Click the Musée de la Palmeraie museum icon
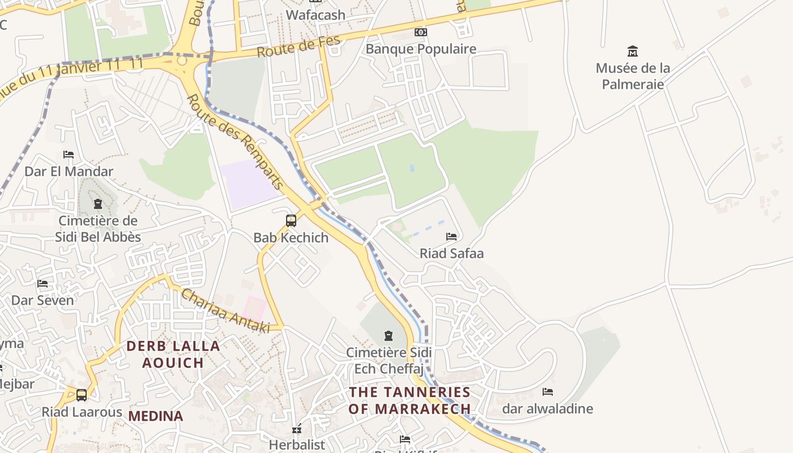coord(633,52)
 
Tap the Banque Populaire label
coord(421,49)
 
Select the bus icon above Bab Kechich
coord(291,221)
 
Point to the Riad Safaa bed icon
coord(451,236)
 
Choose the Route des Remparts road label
coord(235,142)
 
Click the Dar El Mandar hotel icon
coord(69,155)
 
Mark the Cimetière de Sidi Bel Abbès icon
coord(98,204)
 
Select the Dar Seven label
coord(43,300)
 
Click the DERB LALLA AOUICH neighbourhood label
coord(173,354)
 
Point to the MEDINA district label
coord(156,416)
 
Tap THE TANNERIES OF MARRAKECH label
coord(410,400)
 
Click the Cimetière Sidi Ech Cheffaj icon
coord(389,336)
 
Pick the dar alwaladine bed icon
coord(547,392)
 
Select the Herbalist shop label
coord(297,445)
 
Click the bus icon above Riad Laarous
coord(82,395)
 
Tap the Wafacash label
coord(316,15)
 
